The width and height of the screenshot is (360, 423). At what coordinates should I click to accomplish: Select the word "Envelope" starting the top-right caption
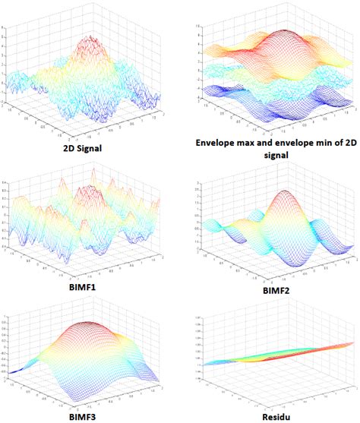(219, 144)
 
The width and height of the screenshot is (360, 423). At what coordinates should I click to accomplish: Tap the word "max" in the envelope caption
(260, 144)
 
